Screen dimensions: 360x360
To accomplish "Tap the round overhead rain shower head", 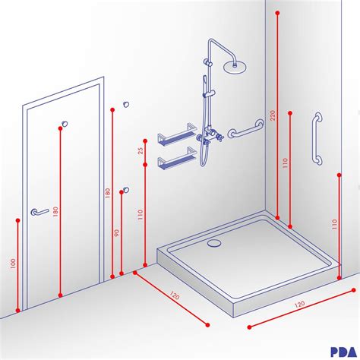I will [x=236, y=66].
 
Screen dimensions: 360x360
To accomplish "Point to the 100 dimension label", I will [x=13, y=265].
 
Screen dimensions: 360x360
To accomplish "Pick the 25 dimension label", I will [x=141, y=150].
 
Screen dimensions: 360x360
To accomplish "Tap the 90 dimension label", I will [x=117, y=233].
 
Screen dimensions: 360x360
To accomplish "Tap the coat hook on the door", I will [x=66, y=123].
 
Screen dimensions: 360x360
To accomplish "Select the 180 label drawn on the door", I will [x=55, y=212].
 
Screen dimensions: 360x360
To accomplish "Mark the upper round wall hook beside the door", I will [x=126, y=104].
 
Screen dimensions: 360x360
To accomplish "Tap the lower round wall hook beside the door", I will [x=126, y=189].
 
